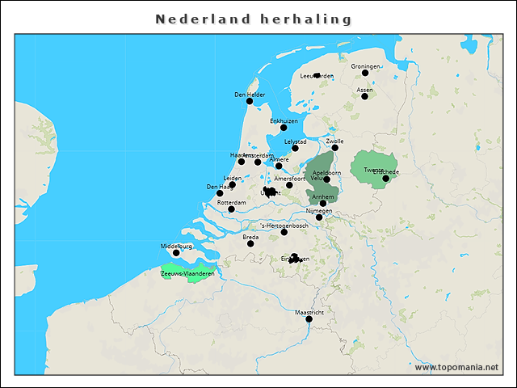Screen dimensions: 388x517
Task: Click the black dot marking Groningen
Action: [365, 73]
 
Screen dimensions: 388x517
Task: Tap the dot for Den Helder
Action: [250, 101]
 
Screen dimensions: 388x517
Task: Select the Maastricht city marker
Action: [309, 318]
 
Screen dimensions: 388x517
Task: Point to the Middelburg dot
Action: [176, 253]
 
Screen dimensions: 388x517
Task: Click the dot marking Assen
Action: [364, 96]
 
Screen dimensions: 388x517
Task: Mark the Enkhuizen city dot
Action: [284, 127]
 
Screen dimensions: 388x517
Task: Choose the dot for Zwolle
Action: [335, 147]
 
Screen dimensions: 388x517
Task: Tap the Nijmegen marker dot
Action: [319, 217]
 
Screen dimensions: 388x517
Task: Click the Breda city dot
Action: [250, 243]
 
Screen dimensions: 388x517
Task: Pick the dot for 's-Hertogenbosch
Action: [284, 232]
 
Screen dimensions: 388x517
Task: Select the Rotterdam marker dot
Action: [232, 209]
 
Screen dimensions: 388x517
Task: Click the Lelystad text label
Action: [296, 141]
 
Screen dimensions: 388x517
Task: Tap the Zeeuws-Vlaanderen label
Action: [187, 274]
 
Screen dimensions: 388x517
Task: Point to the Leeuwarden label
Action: [316, 76]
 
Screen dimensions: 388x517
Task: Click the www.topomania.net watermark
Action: [456, 367]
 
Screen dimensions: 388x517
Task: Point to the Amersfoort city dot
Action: [289, 185]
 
